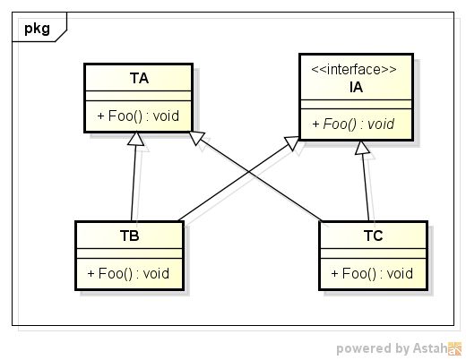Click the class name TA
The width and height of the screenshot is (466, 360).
[x=138, y=79]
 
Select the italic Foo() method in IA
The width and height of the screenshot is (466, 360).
[x=357, y=124]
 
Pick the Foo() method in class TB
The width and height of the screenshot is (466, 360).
[x=129, y=272]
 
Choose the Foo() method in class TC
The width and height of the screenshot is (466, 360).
[x=373, y=272]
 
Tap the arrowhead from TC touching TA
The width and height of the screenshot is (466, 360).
[x=197, y=140]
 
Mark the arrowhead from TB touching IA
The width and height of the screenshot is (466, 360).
[x=292, y=143]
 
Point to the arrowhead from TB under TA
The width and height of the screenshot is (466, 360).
[x=136, y=139]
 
